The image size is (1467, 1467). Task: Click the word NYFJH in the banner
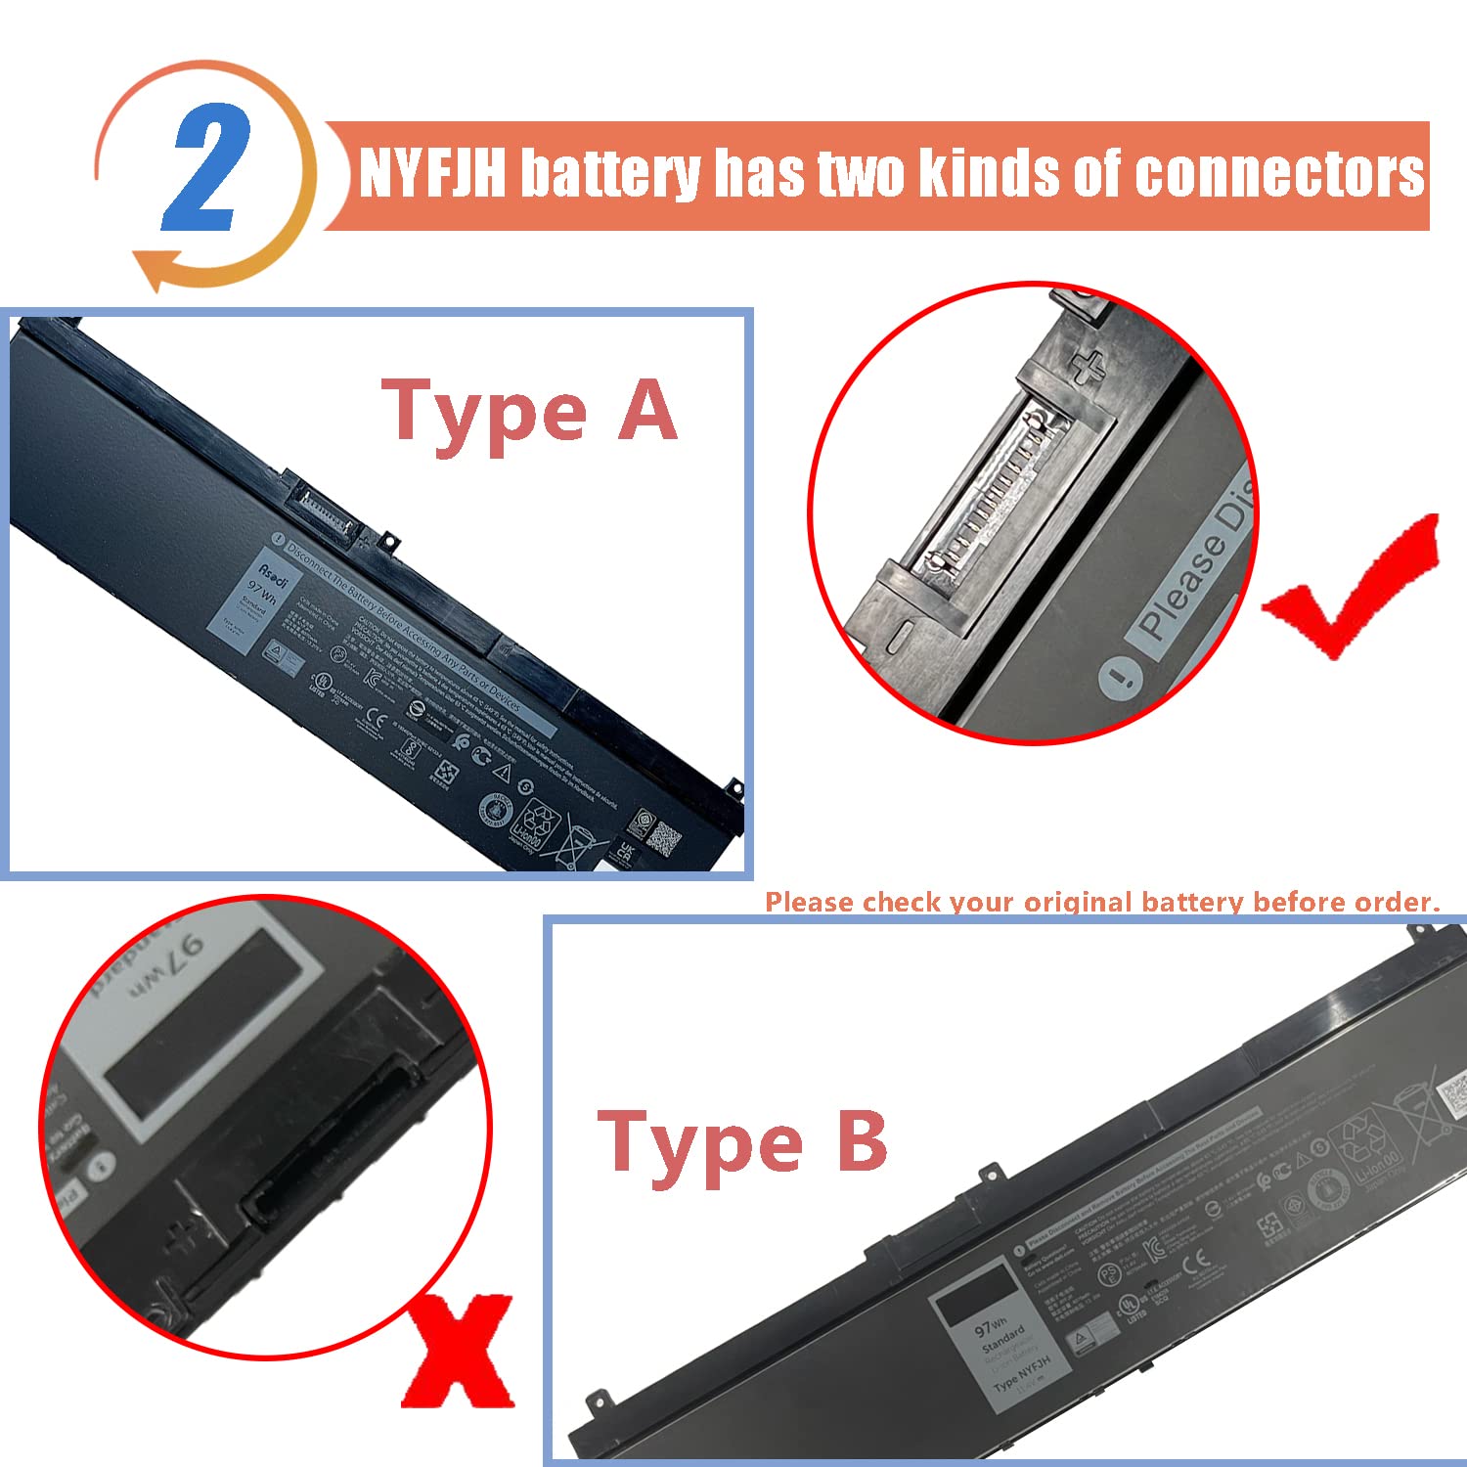tap(432, 174)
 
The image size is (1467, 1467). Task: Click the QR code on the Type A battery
tap(665, 838)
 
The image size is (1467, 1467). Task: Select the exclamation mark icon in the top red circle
tap(1120, 677)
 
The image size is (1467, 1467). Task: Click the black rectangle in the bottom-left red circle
tap(196, 1022)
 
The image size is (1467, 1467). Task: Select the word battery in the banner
tap(608, 174)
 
